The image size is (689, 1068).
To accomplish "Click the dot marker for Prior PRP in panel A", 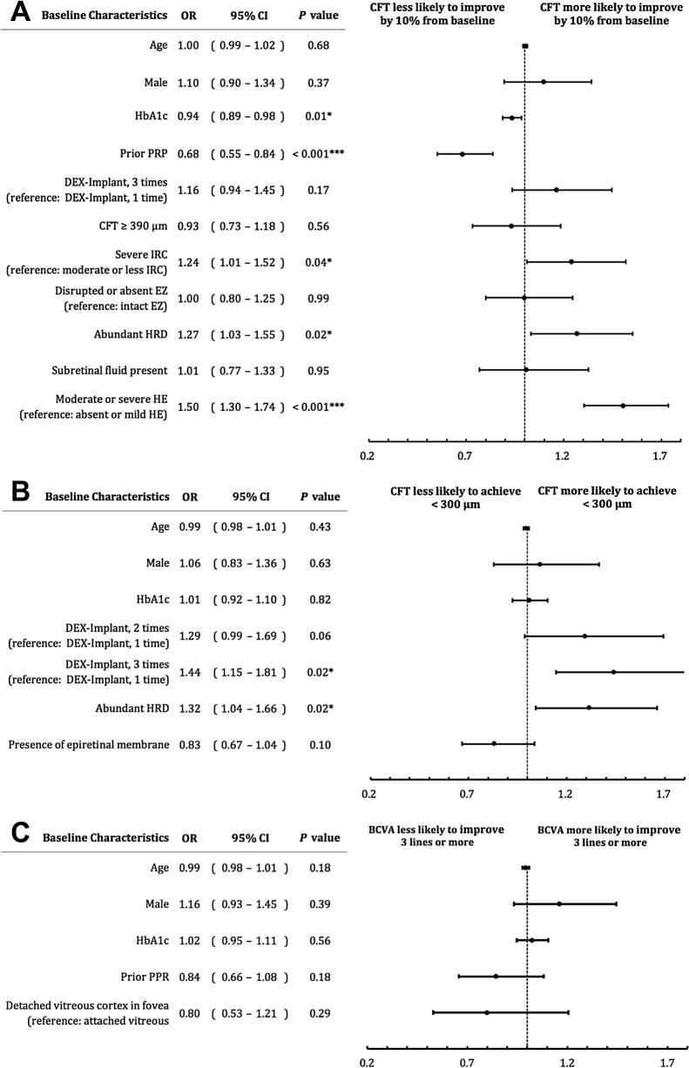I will click(x=462, y=154).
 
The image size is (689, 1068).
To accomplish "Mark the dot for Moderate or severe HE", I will click(x=623, y=406).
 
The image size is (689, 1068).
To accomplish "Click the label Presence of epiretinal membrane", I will click(x=88, y=745).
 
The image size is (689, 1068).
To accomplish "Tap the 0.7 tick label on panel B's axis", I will click(x=467, y=793).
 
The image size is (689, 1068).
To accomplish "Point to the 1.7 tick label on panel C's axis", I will click(x=667, y=1062).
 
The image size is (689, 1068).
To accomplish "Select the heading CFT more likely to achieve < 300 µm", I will click(x=606, y=497).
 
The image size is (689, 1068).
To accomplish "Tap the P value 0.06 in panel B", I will click(x=318, y=636).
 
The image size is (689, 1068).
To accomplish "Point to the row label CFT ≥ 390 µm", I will click(x=123, y=226).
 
